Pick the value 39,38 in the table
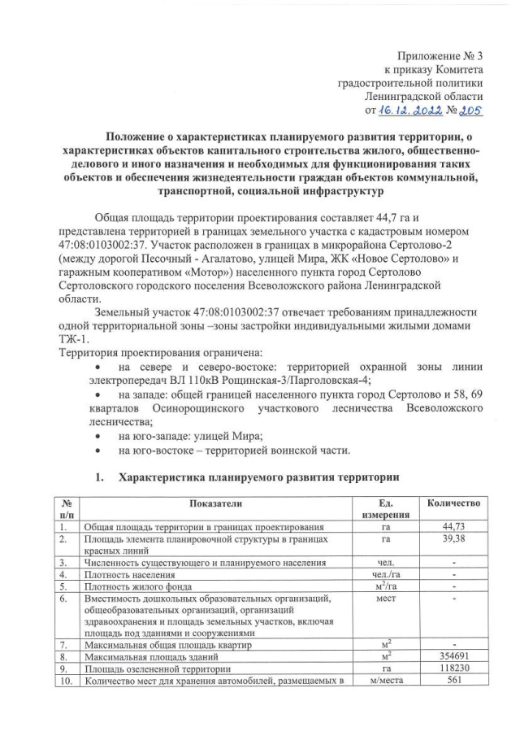454,538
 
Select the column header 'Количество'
454,504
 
